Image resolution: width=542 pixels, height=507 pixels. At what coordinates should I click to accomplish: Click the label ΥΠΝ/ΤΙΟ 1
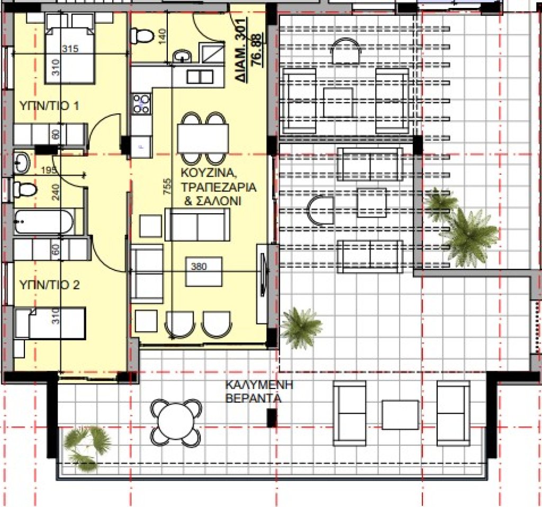pos(49,105)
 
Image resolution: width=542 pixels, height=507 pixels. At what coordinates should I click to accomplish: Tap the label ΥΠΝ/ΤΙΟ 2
pos(49,285)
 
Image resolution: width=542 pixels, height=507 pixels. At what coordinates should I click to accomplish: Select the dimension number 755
pos(167,186)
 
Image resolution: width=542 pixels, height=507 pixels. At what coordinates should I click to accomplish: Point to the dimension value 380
pos(199,266)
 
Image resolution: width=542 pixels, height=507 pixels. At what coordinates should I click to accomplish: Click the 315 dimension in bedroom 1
pos(70,49)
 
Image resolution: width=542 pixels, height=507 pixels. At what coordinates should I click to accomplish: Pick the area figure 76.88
pos(258,50)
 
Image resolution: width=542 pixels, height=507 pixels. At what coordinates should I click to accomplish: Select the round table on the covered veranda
pos(176,423)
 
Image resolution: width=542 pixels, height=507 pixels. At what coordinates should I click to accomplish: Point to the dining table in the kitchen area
pos(203,138)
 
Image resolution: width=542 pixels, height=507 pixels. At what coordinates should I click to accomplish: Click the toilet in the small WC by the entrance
pos(142,35)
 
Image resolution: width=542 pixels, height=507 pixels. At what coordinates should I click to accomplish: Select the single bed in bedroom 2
pos(50,323)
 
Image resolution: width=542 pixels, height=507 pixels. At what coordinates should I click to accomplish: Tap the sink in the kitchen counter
pos(200,77)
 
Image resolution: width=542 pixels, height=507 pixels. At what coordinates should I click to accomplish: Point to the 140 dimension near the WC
pos(162,37)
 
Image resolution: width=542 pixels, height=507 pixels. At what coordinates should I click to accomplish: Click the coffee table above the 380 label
pos(204,271)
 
